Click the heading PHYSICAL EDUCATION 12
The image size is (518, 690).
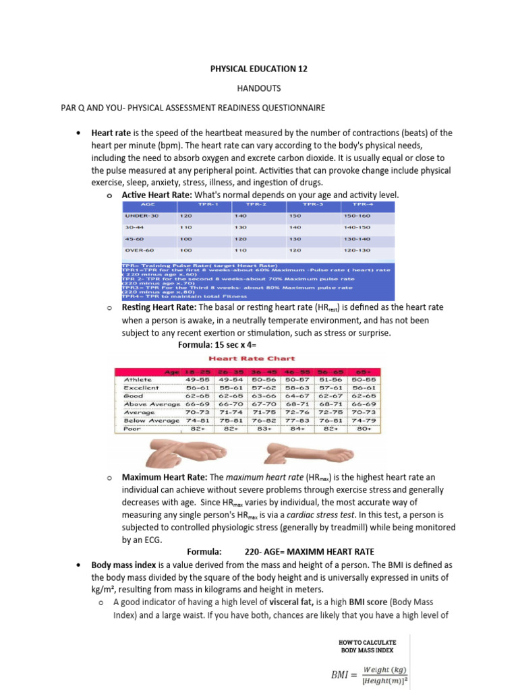(x=258, y=69)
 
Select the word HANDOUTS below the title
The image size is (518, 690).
(x=258, y=88)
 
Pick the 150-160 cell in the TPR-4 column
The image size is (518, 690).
(x=357, y=216)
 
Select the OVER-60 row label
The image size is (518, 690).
(x=140, y=250)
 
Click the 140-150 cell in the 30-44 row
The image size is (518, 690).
(x=357, y=227)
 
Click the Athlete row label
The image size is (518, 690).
(x=138, y=380)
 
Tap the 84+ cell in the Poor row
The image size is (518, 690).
(x=293, y=428)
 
